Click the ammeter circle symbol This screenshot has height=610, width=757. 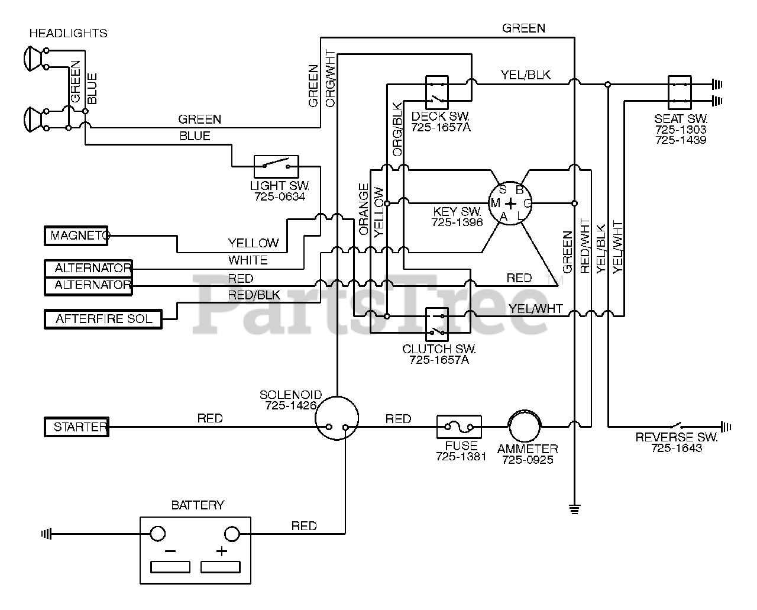[525, 411]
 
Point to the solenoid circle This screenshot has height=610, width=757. [337, 397]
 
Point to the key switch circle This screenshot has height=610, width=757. [510, 182]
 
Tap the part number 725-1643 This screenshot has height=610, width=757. [677, 448]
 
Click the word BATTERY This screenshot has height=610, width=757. [198, 505]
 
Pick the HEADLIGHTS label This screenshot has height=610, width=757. [68, 33]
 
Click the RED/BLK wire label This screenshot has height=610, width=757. [254, 295]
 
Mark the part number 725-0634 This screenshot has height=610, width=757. [280, 196]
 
